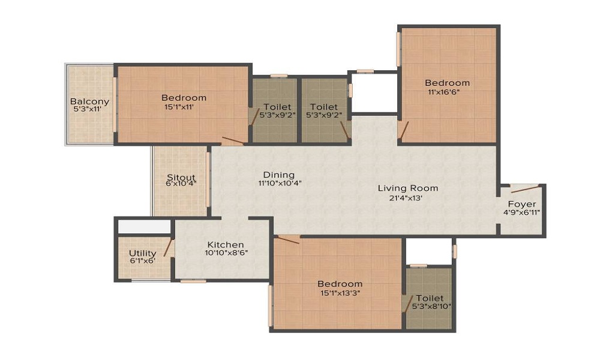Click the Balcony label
[x=89, y=101]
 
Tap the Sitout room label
[x=181, y=178]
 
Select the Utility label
[x=143, y=254]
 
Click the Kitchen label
[x=226, y=244]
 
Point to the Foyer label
[x=522, y=204]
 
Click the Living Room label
[x=408, y=188]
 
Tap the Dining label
[x=279, y=175]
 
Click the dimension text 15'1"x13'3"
[x=340, y=293]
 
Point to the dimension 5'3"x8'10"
[x=431, y=307]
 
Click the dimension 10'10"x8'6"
[x=226, y=253]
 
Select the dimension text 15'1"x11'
[x=184, y=107]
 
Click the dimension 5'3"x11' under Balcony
[x=89, y=110]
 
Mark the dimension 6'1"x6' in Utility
[x=143, y=262]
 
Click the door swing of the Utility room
[x=168, y=248]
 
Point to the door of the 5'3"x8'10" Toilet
[x=409, y=302]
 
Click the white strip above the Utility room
[x=144, y=227]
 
